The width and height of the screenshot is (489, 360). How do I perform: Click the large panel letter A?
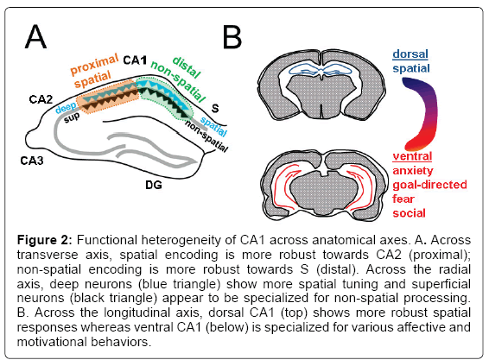(36, 37)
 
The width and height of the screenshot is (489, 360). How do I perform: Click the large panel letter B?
(232, 37)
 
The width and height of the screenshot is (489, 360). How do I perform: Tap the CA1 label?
(135, 60)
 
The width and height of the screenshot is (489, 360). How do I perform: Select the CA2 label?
(41, 99)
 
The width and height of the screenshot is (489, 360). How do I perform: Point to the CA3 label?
(32, 161)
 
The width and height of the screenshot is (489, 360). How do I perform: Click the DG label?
(154, 185)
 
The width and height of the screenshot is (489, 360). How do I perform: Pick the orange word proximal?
(94, 64)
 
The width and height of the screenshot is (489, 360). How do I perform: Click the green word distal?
(187, 67)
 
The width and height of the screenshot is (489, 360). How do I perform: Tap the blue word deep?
(66, 108)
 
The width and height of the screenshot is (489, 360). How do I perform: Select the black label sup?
(72, 117)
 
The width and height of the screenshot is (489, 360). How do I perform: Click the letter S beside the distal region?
(215, 109)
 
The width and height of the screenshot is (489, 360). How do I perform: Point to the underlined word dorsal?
(410, 54)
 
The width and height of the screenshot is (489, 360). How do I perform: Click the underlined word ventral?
(412, 156)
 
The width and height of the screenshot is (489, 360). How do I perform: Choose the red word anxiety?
(413, 171)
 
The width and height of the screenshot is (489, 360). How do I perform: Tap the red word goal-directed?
(429, 185)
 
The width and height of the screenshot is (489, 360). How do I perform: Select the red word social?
(409, 213)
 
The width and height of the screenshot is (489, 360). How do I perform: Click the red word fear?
(403, 199)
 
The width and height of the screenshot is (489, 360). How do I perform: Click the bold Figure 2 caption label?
(45, 240)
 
